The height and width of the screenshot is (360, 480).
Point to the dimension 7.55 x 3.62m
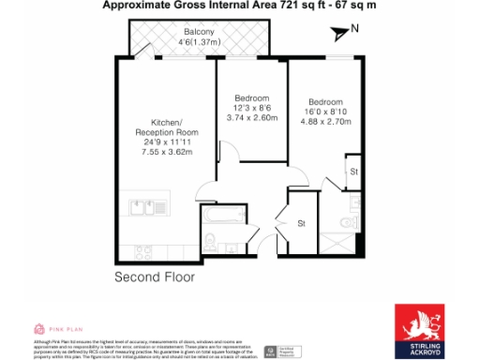pos(166,152)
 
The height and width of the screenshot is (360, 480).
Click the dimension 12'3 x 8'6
pos(251,109)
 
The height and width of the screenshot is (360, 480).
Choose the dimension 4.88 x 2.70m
pos(325,122)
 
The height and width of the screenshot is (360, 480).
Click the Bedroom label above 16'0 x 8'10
pos(325,101)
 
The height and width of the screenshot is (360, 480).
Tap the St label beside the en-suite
pos(353,172)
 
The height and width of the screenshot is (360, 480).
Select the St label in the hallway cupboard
pos(302,223)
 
